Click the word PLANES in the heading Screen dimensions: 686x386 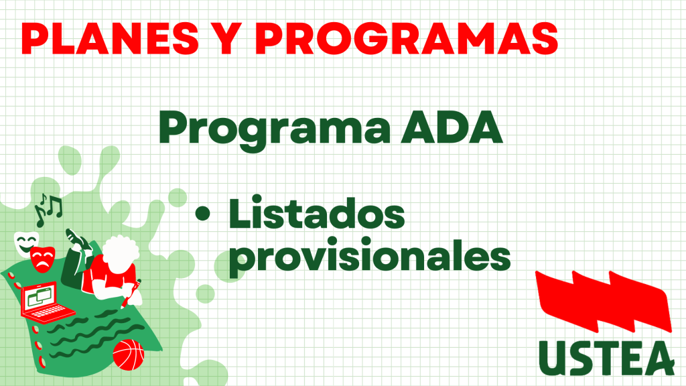(110, 38)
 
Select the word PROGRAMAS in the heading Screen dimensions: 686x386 (407, 38)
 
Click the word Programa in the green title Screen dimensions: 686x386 (274, 129)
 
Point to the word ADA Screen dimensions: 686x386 (452, 127)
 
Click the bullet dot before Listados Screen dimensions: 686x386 (202, 214)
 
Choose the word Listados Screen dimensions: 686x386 (317, 213)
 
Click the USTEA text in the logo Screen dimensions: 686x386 (606, 358)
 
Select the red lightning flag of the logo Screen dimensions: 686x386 (604, 301)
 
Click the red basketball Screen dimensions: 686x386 (128, 355)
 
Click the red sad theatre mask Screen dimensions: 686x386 (42, 259)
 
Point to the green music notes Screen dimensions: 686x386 (48, 210)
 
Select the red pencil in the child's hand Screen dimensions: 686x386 (131, 294)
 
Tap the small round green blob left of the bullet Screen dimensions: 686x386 (205, 294)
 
